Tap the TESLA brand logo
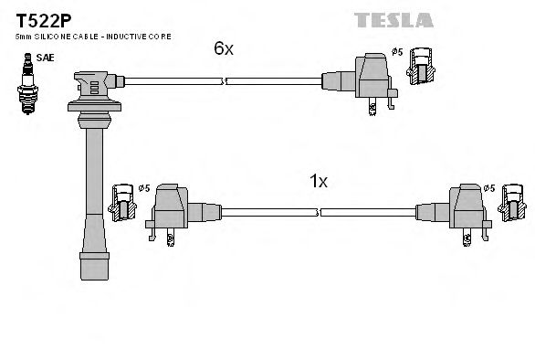pyautogui.click(x=483, y=16)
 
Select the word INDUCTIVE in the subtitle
pyautogui.click(x=134, y=36)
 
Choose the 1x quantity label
pyautogui.click(x=318, y=181)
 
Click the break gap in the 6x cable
pyautogui.click(x=225, y=81)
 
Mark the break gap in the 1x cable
pyautogui.click(x=320, y=213)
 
